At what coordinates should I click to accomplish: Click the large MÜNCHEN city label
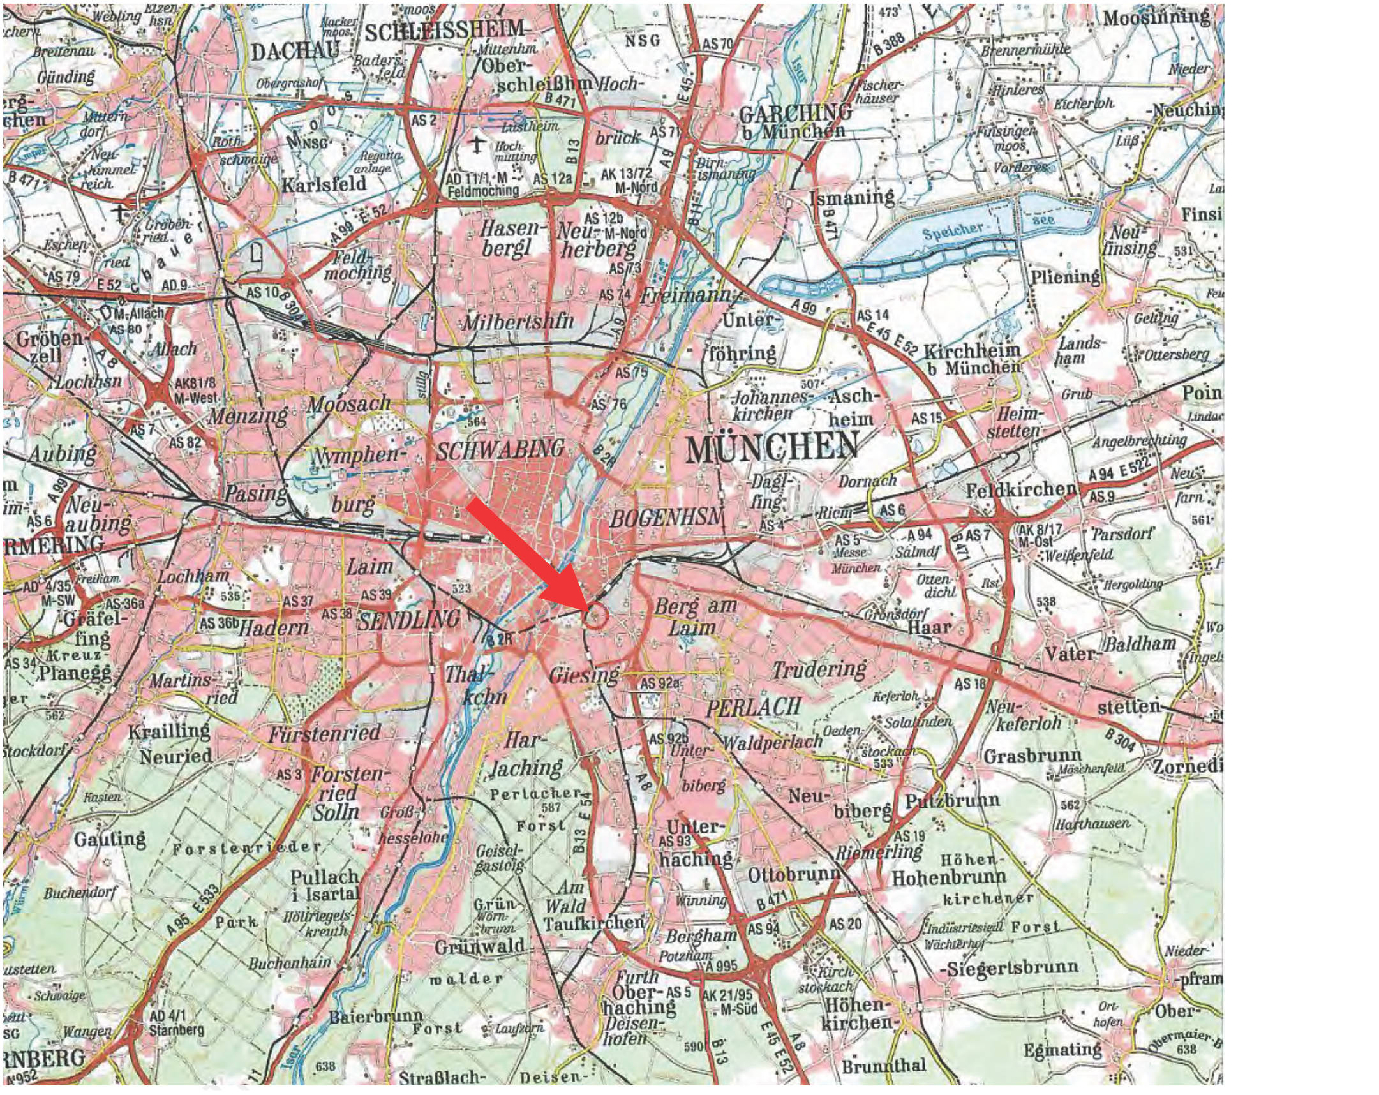(x=772, y=449)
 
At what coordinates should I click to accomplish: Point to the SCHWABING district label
(x=500, y=450)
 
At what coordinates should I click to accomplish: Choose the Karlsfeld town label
(x=324, y=184)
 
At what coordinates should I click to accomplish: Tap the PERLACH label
(x=754, y=706)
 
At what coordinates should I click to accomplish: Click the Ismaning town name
(x=851, y=197)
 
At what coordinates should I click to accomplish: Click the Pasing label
(x=255, y=493)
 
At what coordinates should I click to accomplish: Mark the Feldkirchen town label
(x=1020, y=490)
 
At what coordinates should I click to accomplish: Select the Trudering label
(x=819, y=669)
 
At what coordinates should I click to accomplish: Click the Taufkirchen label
(x=593, y=922)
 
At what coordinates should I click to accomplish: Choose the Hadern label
(x=274, y=629)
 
